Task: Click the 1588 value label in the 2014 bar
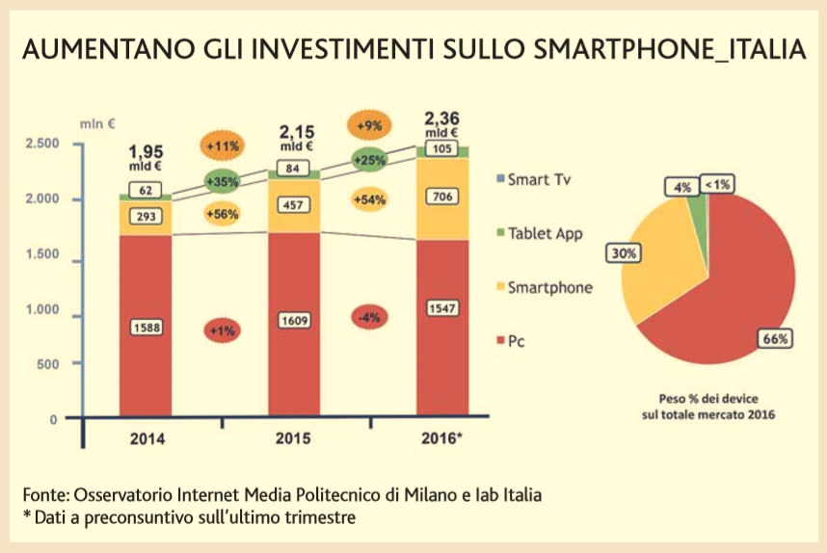(146, 328)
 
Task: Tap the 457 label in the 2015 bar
(294, 205)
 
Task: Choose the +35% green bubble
(222, 179)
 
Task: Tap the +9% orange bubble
(368, 126)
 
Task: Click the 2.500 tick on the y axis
(41, 144)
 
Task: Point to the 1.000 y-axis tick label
(41, 311)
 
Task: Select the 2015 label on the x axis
(294, 438)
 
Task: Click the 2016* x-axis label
(443, 438)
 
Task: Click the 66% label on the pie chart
(777, 338)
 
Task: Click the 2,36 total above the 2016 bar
(442, 119)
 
